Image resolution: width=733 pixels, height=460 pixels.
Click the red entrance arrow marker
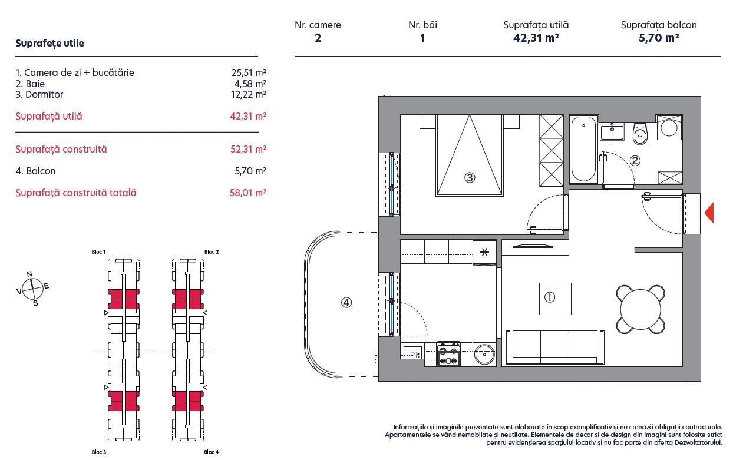tap(709, 213)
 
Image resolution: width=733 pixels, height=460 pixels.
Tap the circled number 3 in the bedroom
tap(469, 177)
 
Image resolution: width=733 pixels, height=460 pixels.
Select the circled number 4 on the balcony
tap(346, 303)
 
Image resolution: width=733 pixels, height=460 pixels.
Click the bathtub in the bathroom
tap(583, 148)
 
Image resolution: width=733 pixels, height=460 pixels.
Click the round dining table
tap(640, 309)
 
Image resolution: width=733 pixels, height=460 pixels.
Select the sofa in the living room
tap(554, 347)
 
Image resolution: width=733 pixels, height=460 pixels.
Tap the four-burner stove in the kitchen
tap(448, 355)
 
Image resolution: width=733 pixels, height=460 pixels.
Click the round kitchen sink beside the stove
tap(486, 355)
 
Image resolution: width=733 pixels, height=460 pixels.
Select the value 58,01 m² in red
tap(248, 193)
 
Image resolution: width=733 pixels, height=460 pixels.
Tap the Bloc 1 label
tap(98, 252)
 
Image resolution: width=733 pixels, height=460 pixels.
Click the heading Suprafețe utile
tap(49, 43)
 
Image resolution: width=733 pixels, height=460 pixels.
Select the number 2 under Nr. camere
tap(318, 38)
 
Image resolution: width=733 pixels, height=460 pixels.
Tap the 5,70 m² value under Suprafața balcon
tap(658, 38)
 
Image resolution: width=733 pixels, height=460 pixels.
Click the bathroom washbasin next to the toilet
tap(612, 131)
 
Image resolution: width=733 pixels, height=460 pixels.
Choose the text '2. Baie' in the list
tap(30, 84)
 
